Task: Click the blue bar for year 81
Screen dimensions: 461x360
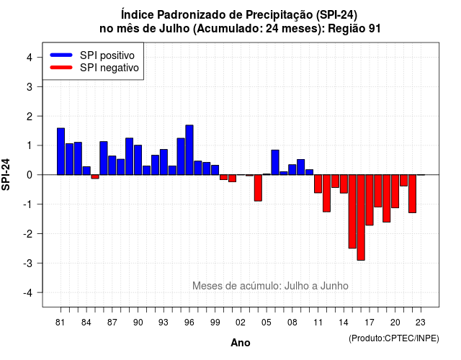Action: (x=61, y=151)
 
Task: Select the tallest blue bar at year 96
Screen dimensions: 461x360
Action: (x=189, y=150)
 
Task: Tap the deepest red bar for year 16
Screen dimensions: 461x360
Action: (x=361, y=217)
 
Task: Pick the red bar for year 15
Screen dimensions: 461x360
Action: (x=352, y=212)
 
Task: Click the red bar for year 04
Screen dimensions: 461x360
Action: (x=258, y=188)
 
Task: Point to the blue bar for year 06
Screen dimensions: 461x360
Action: (x=275, y=163)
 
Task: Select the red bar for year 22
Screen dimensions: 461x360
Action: (x=413, y=194)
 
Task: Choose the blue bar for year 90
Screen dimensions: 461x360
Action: (x=138, y=160)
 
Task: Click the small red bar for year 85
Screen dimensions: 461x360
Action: (x=95, y=176)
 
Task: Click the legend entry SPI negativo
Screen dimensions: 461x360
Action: (x=94, y=68)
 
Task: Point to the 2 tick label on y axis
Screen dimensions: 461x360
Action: (x=30, y=117)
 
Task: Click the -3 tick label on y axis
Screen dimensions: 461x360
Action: (x=27, y=264)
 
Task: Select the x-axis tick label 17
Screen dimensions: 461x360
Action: (x=370, y=323)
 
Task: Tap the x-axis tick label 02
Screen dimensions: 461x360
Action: (x=241, y=323)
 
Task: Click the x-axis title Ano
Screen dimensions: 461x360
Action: (x=241, y=343)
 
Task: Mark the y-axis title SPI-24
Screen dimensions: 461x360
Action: (x=6, y=174)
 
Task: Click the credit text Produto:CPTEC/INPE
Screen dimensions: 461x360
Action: (x=394, y=338)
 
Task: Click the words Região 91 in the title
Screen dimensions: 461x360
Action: (x=354, y=29)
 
